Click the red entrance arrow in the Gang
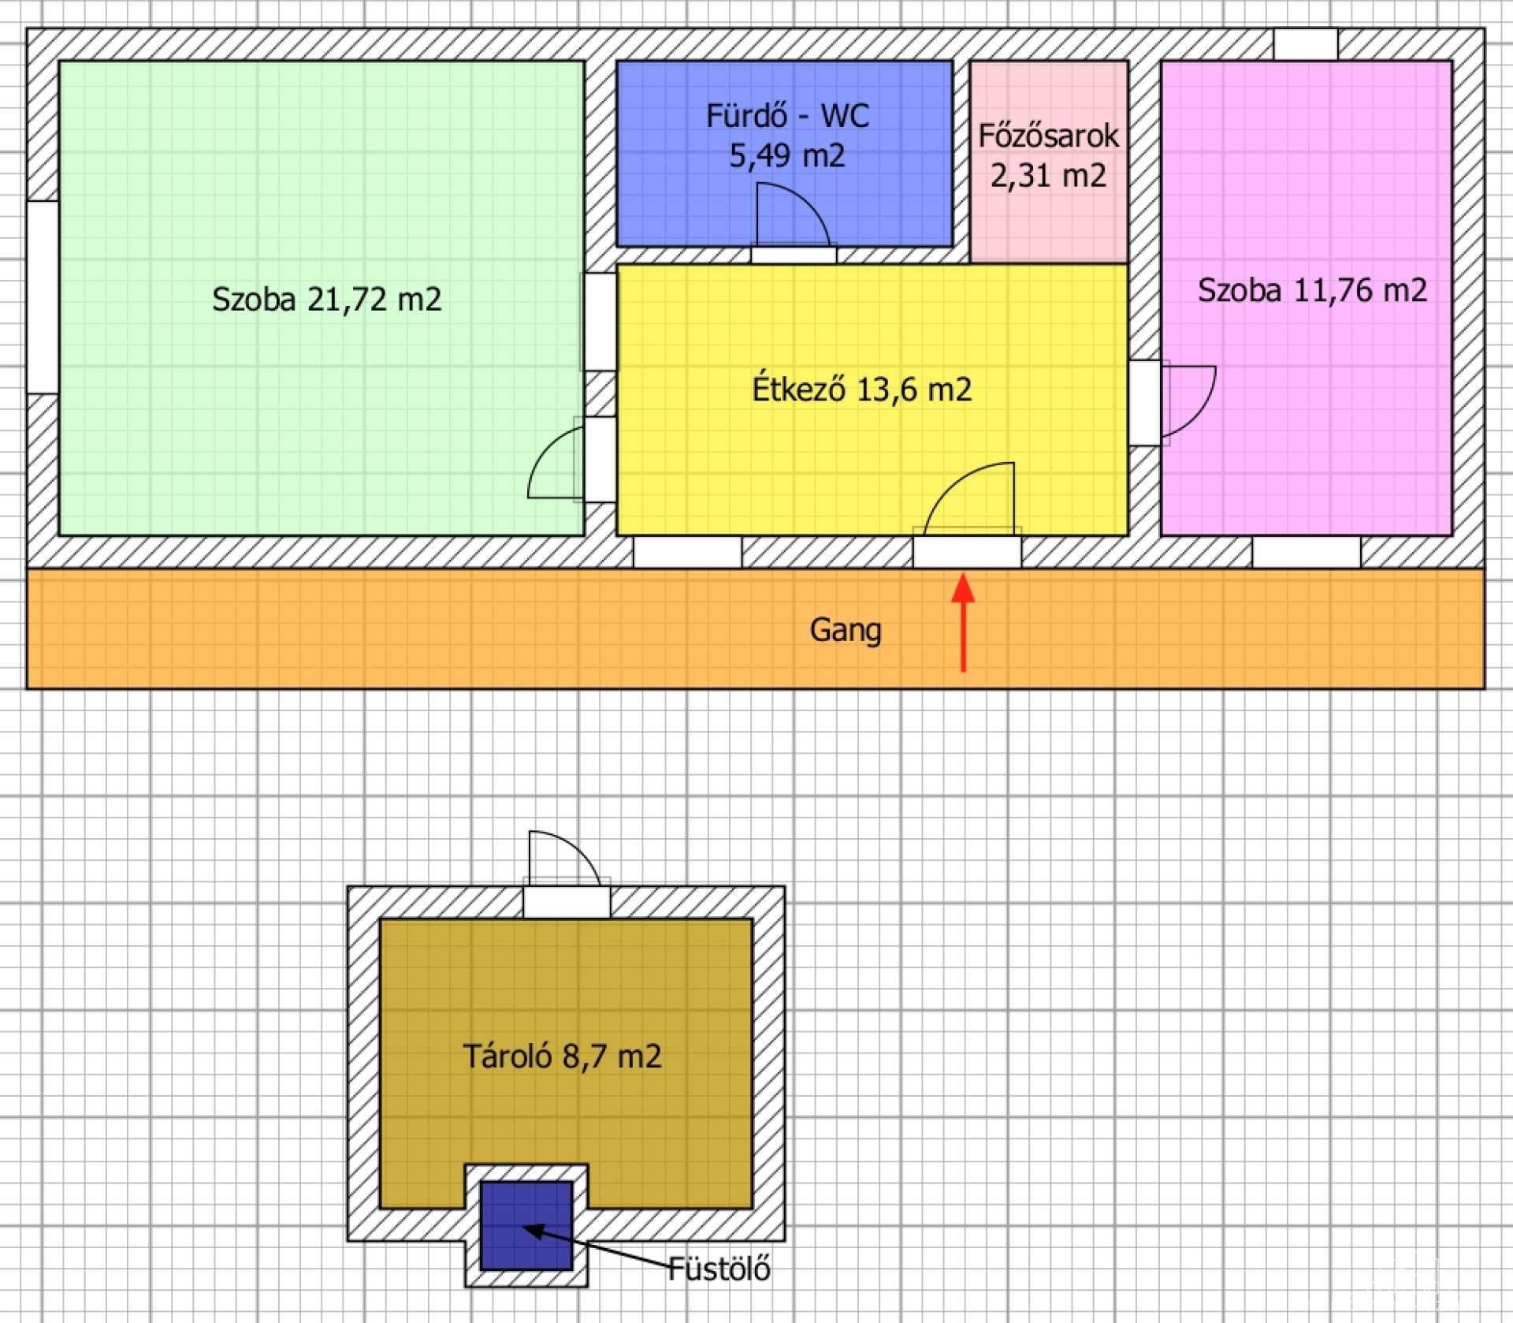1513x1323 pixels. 963,623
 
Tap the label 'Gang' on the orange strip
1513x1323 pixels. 846,630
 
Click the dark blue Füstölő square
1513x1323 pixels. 526,1225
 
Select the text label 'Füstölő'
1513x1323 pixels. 719,1269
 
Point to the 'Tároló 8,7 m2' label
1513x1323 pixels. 562,1057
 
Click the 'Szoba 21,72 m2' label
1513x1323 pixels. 326,300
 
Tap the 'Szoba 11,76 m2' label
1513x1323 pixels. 1312,290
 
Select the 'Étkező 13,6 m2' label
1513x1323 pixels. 862,389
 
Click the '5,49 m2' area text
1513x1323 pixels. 786,155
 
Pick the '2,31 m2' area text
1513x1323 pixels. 1048,175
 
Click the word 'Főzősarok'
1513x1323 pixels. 1048,136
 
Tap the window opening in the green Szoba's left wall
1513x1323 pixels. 43,297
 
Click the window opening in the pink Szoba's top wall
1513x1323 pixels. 1306,45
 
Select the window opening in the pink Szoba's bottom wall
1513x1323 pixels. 1307,552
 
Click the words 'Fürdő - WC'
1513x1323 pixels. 787,116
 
